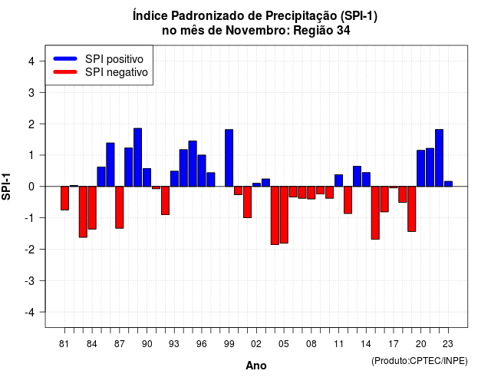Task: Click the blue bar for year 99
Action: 229,158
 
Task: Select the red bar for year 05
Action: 284,215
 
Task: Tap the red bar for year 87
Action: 120,207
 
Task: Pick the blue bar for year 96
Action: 202,170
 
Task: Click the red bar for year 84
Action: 92,208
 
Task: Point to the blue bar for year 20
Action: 421,168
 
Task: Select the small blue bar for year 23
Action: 448,184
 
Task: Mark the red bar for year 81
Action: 64,198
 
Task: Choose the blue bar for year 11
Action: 338,180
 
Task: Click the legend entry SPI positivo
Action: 114,59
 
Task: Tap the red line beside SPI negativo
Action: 65,71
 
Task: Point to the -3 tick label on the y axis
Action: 31,280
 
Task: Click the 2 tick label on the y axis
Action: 31,124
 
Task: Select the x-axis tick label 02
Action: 256,344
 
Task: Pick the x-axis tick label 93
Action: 174,344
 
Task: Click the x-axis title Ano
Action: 256,366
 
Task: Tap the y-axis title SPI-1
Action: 6,187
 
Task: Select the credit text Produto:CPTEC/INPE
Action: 420,361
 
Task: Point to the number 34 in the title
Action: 344,31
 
